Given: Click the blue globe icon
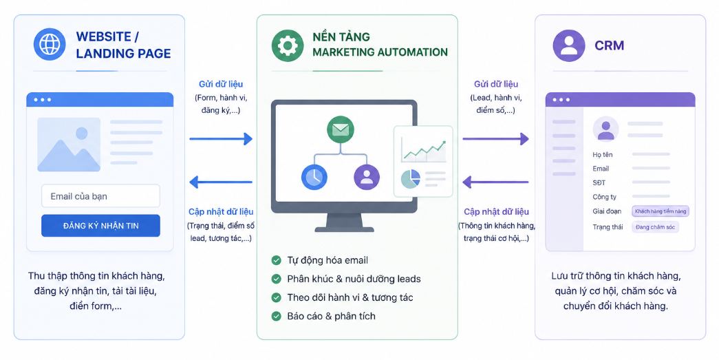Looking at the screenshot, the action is [x=50, y=45].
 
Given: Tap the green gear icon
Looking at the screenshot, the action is [x=288, y=45].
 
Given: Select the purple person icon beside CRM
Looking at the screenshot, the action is [x=569, y=45].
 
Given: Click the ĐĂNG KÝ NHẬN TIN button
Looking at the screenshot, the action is [x=101, y=226].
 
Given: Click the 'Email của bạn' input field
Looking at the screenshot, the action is [x=101, y=196].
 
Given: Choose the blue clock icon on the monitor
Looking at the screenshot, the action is [x=314, y=177].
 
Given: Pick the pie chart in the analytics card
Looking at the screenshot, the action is [x=410, y=179].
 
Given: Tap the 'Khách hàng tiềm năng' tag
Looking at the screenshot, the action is [x=661, y=211].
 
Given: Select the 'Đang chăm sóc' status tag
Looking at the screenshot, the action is [x=655, y=227].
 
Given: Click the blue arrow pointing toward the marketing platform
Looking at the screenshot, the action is [x=221, y=138].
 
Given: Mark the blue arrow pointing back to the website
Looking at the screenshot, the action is [x=221, y=182].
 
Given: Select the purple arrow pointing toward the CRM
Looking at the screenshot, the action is [x=495, y=138].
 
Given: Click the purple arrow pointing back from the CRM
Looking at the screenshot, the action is [x=495, y=182].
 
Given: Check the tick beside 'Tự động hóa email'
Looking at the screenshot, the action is [x=276, y=260].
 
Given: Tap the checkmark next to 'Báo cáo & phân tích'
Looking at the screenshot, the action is [x=276, y=316].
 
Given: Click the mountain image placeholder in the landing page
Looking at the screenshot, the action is [x=69, y=145].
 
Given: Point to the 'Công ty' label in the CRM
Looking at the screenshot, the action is [x=604, y=197].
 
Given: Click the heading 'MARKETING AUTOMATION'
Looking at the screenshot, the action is [x=380, y=52].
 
